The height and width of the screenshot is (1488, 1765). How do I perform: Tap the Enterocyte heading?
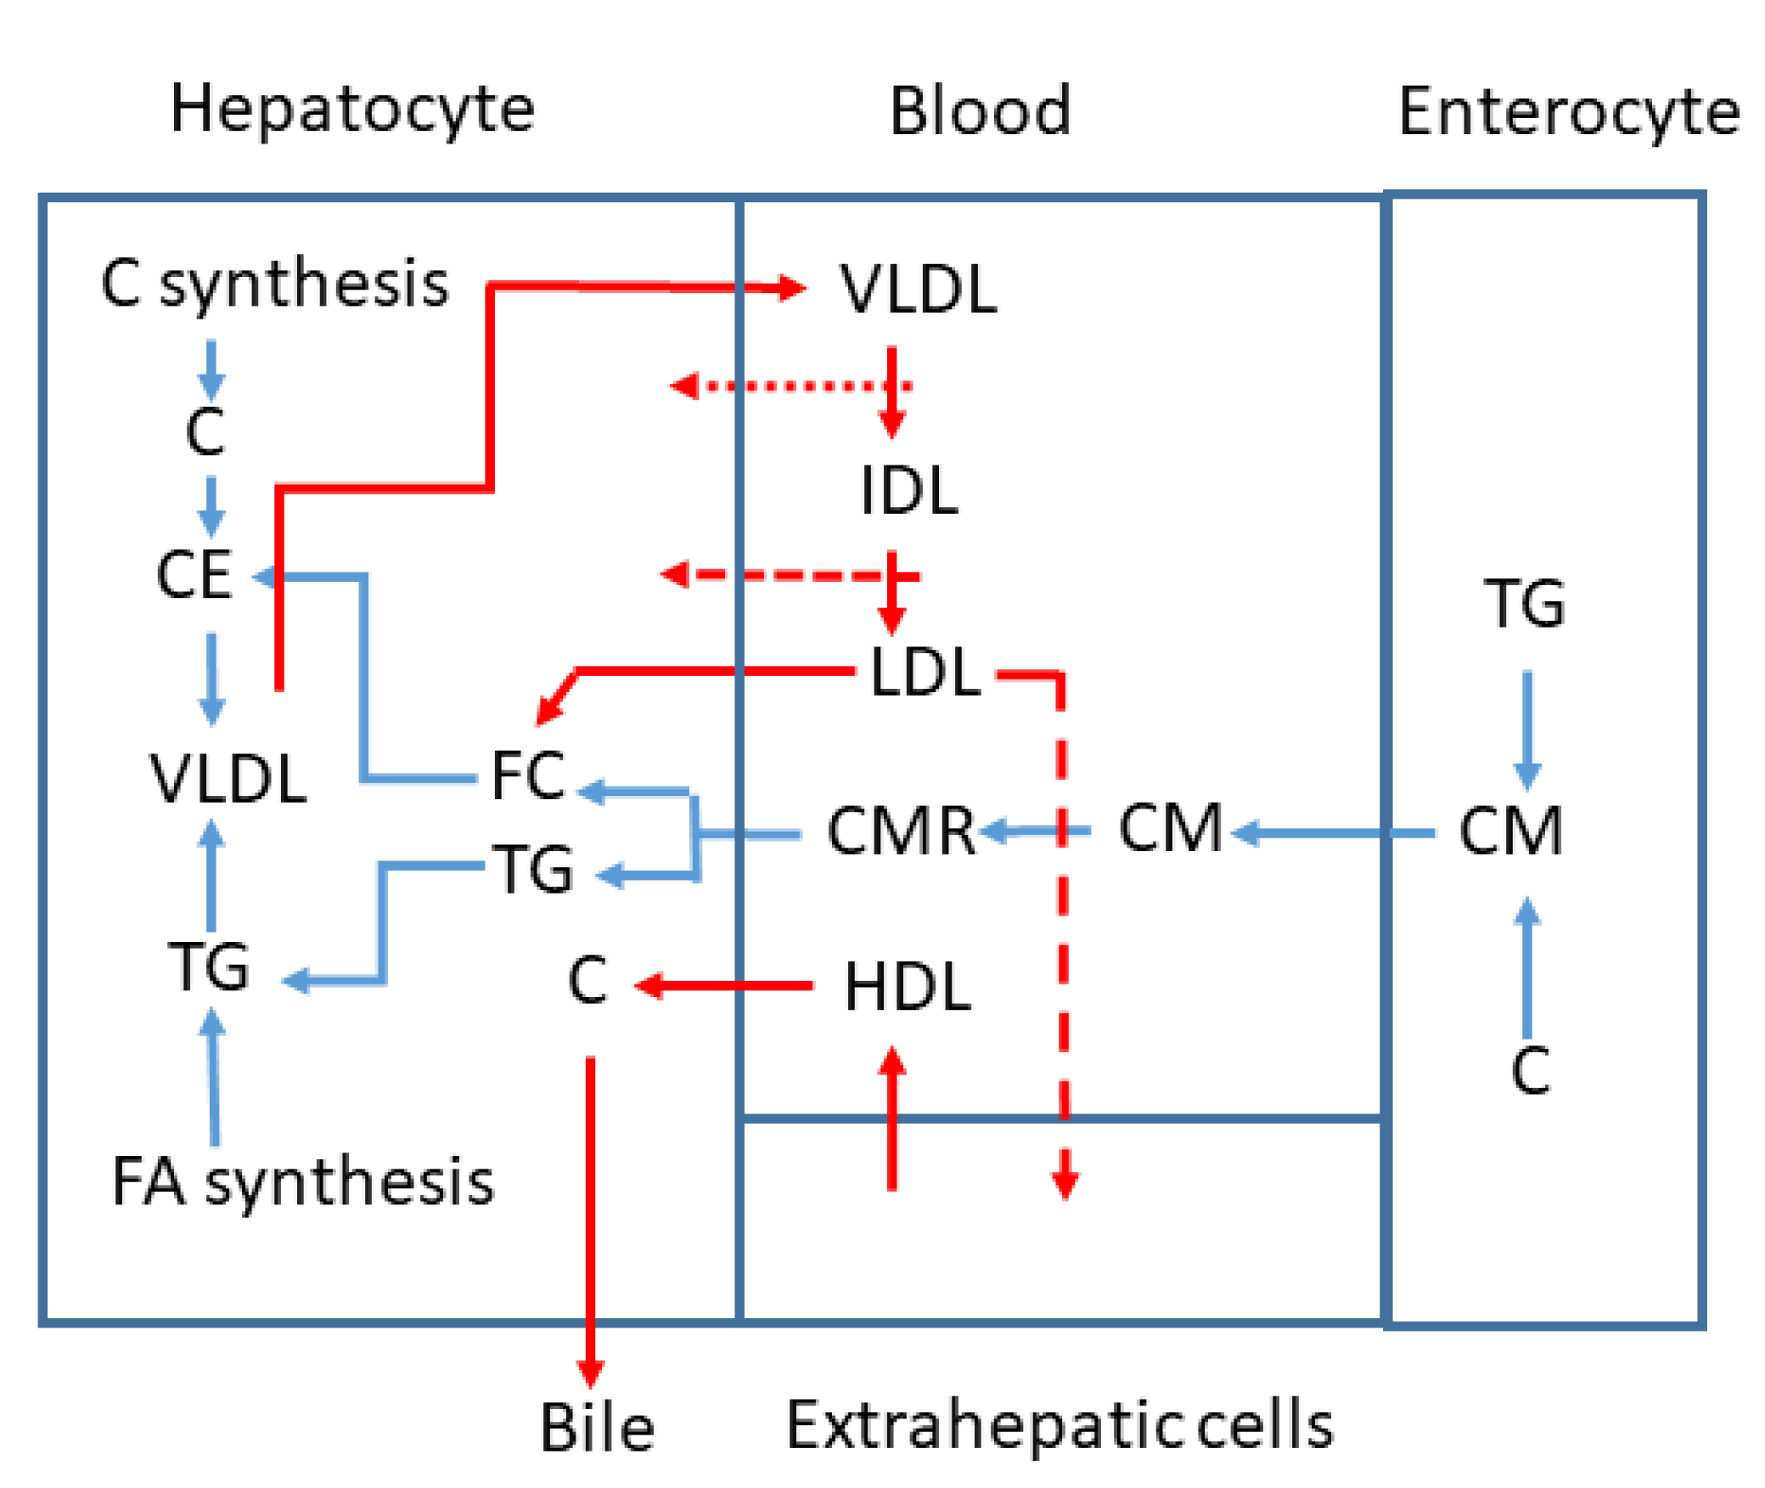tap(1567, 112)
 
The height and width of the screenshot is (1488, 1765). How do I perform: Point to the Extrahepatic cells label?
tap(1059, 1426)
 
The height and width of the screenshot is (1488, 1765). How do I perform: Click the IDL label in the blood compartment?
tap(908, 490)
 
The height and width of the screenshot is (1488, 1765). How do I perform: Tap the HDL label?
tap(907, 987)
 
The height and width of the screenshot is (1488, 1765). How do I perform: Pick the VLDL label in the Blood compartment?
tap(918, 290)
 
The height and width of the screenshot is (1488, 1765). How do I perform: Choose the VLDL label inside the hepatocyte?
tap(228, 778)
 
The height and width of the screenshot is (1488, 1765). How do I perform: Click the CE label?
tap(194, 575)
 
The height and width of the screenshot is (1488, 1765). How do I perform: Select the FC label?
tap(527, 775)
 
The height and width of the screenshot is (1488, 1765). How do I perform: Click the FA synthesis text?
tap(302, 1181)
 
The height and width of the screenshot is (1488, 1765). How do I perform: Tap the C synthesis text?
tap(274, 283)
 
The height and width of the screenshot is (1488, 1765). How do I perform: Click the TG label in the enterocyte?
tap(1523, 603)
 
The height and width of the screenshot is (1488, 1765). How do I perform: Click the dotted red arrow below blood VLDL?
tap(790, 386)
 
